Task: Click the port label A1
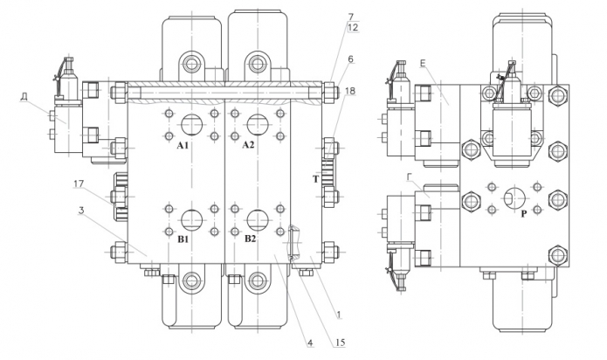(183, 146)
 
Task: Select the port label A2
(249, 145)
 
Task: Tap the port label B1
(183, 239)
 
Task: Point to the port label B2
(250, 239)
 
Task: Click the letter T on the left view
(316, 179)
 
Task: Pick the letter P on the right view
(524, 214)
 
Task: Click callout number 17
(79, 183)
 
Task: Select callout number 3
(81, 211)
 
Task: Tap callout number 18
(350, 91)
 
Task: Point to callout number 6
(350, 59)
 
